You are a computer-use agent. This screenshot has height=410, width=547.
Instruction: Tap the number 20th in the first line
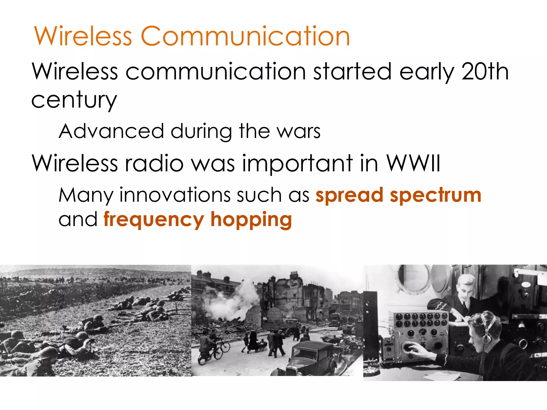point(485,72)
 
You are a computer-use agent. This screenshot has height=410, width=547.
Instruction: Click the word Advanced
point(111,131)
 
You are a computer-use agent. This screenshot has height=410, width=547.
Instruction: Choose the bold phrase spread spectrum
point(398,195)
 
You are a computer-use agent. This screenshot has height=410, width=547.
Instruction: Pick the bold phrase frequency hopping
point(198,219)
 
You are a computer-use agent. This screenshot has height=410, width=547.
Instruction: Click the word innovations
point(175,195)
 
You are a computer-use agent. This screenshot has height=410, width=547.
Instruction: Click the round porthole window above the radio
point(413,278)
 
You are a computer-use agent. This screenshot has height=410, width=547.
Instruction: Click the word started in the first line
point(352,72)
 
